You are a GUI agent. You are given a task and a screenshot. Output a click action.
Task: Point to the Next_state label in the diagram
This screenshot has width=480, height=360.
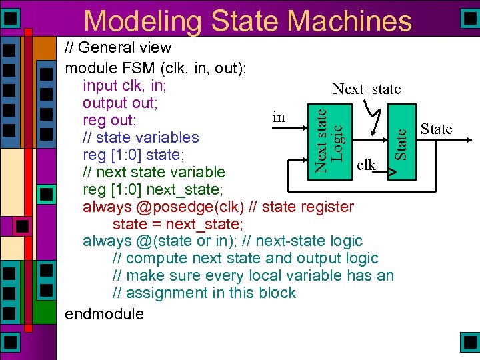(x=367, y=89)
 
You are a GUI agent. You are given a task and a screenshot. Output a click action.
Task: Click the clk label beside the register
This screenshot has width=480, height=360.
(x=366, y=164)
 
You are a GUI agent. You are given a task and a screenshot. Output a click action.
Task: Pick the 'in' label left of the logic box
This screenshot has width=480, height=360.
(x=279, y=117)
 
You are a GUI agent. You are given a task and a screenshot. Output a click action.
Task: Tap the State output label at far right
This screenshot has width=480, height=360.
(x=436, y=129)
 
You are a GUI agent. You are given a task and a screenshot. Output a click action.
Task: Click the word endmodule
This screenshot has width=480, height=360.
(x=104, y=313)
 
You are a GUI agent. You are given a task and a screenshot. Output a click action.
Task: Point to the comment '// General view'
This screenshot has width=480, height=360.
(x=118, y=48)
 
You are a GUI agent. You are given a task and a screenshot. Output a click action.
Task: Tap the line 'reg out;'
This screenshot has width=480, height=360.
(x=109, y=120)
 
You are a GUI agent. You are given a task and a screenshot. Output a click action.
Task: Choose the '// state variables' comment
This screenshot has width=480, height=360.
(x=141, y=137)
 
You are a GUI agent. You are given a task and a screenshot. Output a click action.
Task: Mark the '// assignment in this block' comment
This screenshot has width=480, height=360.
(x=204, y=293)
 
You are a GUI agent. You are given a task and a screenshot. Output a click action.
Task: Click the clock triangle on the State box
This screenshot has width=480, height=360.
(x=392, y=172)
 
